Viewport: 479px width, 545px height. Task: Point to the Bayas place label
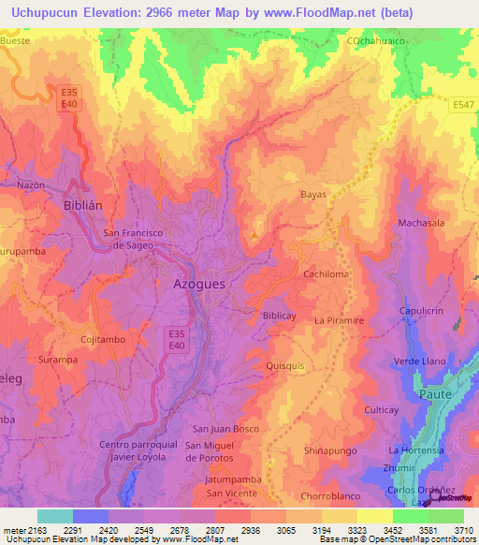click(x=313, y=195)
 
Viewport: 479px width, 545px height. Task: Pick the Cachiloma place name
click(x=327, y=274)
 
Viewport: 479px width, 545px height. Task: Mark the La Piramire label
click(x=338, y=320)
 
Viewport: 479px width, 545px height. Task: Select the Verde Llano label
click(x=418, y=361)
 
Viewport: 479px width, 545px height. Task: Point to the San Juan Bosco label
click(x=225, y=428)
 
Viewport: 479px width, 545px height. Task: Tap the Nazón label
click(x=31, y=184)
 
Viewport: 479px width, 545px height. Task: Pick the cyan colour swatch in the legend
click(x=55, y=516)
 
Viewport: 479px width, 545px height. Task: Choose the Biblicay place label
click(x=279, y=316)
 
